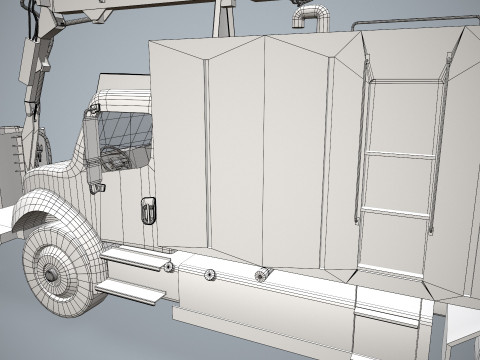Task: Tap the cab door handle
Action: coord(148,210)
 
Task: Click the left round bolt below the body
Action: coord(210,273)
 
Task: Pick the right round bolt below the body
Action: coord(261,276)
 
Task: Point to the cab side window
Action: coord(128,135)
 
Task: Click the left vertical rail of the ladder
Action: coord(367,150)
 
